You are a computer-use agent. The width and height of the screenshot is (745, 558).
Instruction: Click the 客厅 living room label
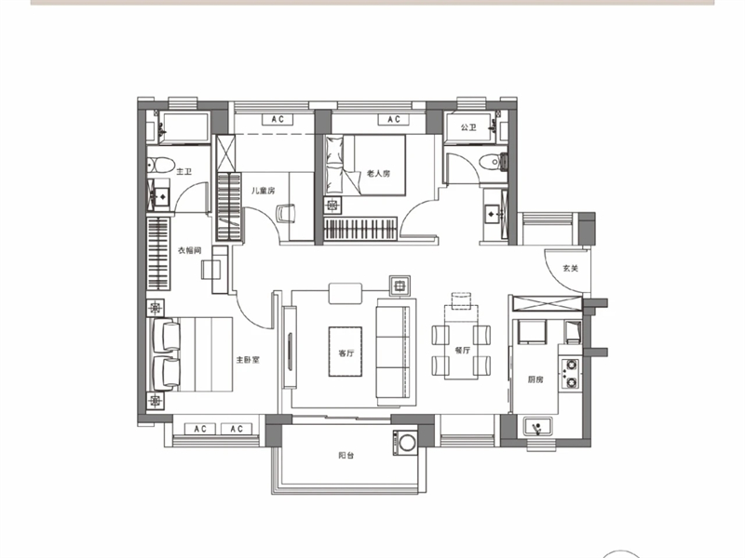click(346, 353)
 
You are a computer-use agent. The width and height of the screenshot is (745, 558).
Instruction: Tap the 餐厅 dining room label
click(462, 351)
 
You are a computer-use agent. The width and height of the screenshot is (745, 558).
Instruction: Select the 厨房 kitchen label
click(535, 379)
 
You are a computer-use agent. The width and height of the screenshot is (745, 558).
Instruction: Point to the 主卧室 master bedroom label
click(248, 360)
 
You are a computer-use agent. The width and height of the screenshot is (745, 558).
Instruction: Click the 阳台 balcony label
click(346, 455)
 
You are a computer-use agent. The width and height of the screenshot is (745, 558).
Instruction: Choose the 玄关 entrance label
click(571, 268)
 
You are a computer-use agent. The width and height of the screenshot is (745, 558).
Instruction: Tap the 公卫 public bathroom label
click(468, 127)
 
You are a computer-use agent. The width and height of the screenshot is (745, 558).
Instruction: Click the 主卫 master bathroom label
click(183, 171)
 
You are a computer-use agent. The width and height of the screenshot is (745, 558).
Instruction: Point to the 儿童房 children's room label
click(264, 191)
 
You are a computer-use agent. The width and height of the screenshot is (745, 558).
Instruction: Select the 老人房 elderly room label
click(379, 173)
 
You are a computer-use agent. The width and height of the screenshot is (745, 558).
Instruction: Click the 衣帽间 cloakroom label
click(190, 250)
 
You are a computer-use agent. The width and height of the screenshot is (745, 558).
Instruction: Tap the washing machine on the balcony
click(405, 443)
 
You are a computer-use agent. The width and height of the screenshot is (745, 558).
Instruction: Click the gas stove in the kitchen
click(570, 374)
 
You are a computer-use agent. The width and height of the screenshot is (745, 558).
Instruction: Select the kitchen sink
click(538, 427)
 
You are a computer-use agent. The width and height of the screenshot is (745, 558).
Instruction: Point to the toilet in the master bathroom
click(160, 165)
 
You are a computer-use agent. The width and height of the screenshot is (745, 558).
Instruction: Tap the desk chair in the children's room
click(286, 213)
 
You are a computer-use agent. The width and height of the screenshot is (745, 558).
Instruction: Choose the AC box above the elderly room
click(393, 119)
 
